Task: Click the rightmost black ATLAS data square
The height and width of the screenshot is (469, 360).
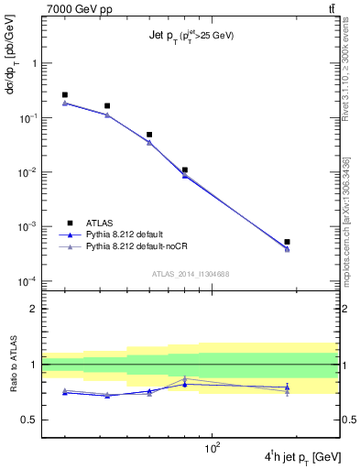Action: (x=287, y=242)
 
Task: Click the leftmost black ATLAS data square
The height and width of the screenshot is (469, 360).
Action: (x=65, y=94)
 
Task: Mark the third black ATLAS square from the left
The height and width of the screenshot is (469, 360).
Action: (x=149, y=135)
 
